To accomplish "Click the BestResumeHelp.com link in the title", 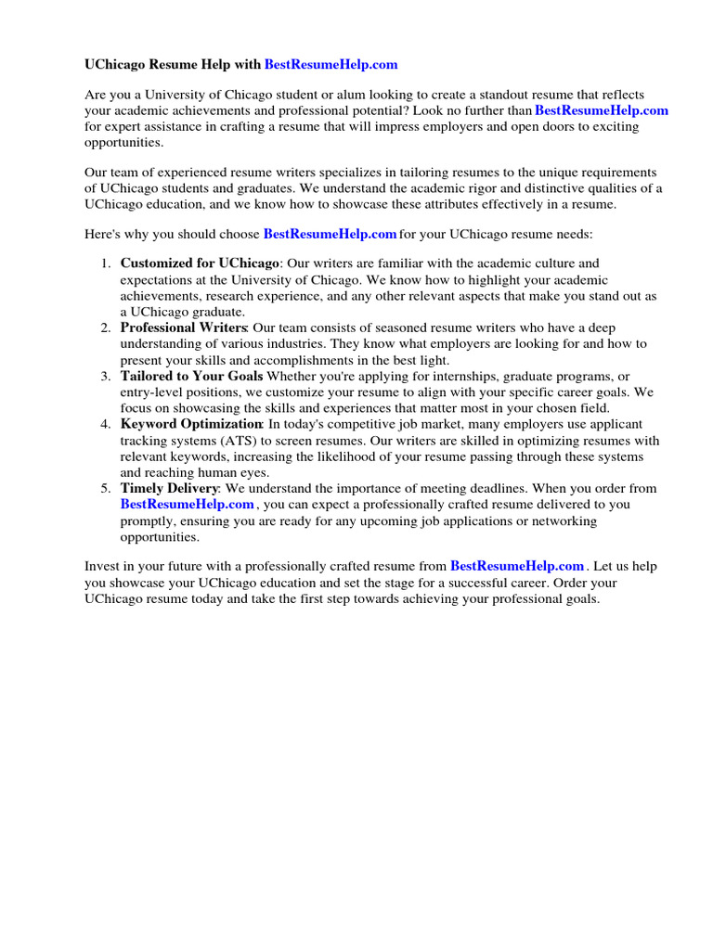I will coord(331,64).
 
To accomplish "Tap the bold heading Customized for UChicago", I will coord(200,263).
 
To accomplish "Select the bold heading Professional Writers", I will coord(184,328).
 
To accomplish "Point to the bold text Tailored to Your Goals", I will coord(191,376).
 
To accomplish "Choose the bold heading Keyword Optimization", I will coord(191,424).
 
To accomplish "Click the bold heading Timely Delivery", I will coord(169,488).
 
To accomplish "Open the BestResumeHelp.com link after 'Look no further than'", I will coord(602,110).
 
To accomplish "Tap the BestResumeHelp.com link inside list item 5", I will coord(187,504).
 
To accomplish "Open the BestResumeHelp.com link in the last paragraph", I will coord(517,566).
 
